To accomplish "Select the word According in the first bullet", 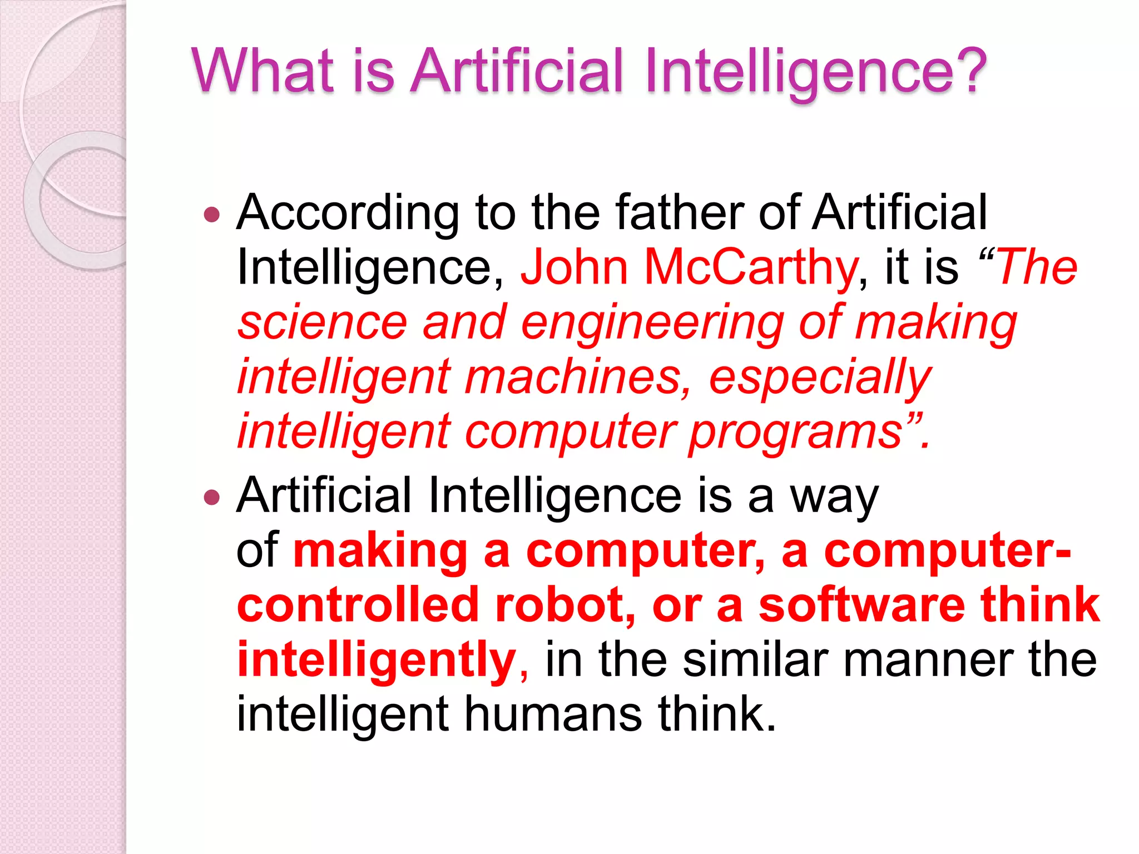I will (348, 214).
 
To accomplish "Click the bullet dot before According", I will (212, 215).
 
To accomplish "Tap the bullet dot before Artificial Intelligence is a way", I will (212, 496).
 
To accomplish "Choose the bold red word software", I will (861, 605).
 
